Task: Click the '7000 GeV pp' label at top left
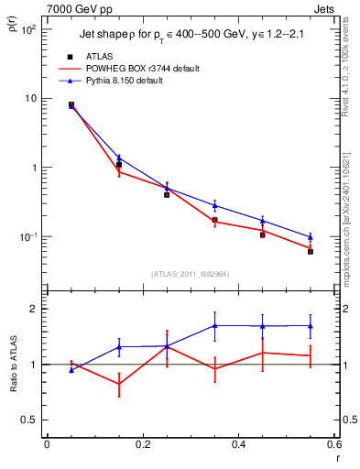(74, 8)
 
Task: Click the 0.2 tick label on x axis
(142, 443)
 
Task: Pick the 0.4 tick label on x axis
(238, 443)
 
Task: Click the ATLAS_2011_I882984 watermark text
(191, 273)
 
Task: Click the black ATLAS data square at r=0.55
(311, 251)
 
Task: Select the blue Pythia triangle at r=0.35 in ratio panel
(214, 325)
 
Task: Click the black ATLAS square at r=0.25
(167, 194)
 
